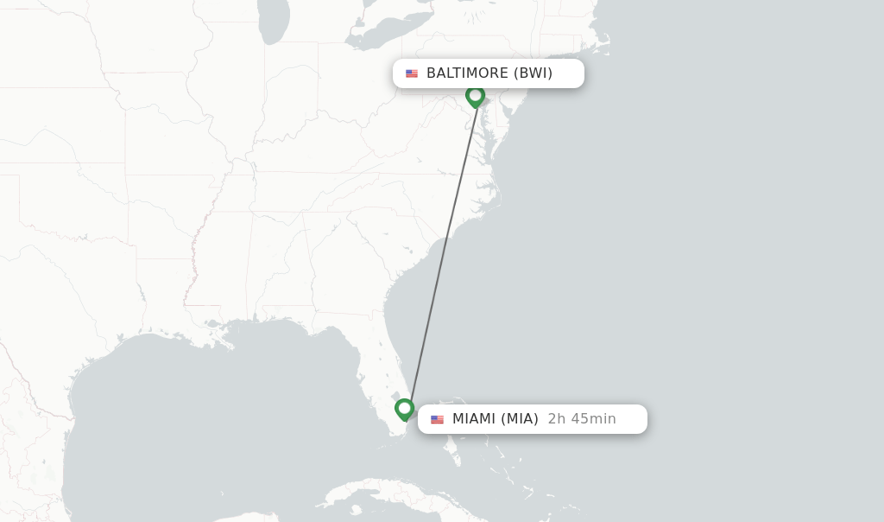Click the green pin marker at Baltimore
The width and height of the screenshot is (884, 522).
475,95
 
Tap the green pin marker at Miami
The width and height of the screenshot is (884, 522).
404,408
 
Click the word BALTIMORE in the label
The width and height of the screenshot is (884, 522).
467,73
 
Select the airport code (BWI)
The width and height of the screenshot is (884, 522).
533,73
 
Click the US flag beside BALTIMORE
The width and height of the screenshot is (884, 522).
412,73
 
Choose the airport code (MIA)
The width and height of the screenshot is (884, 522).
520,419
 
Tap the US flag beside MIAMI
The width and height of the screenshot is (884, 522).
437,419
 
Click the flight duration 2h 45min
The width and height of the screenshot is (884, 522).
582,419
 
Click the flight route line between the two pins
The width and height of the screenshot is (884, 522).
441,251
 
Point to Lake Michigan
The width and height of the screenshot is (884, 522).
274,22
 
